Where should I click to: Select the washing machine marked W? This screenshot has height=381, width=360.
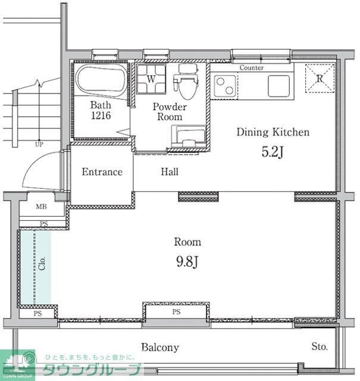(151, 79)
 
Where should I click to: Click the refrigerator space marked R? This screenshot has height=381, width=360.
(320, 78)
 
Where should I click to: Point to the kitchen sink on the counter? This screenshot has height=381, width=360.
(278, 86)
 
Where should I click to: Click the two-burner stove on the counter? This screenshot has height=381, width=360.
(225, 86)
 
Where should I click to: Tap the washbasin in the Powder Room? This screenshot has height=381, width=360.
(188, 136)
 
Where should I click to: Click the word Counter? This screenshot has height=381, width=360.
(252, 67)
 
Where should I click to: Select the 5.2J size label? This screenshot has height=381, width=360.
(273, 152)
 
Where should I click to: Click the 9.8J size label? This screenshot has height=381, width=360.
(187, 262)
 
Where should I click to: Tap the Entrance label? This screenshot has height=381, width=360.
(102, 172)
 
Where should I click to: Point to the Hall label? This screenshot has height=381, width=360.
(170, 171)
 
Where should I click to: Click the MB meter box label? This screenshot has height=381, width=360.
(41, 207)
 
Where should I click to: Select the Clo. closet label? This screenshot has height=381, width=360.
(42, 263)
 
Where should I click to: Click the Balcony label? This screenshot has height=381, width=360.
(160, 347)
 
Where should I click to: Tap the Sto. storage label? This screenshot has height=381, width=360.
(320, 346)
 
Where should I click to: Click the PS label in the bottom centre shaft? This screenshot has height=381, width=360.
(176, 311)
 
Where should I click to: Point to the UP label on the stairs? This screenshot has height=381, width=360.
(39, 144)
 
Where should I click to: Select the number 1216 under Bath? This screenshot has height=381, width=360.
(101, 115)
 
